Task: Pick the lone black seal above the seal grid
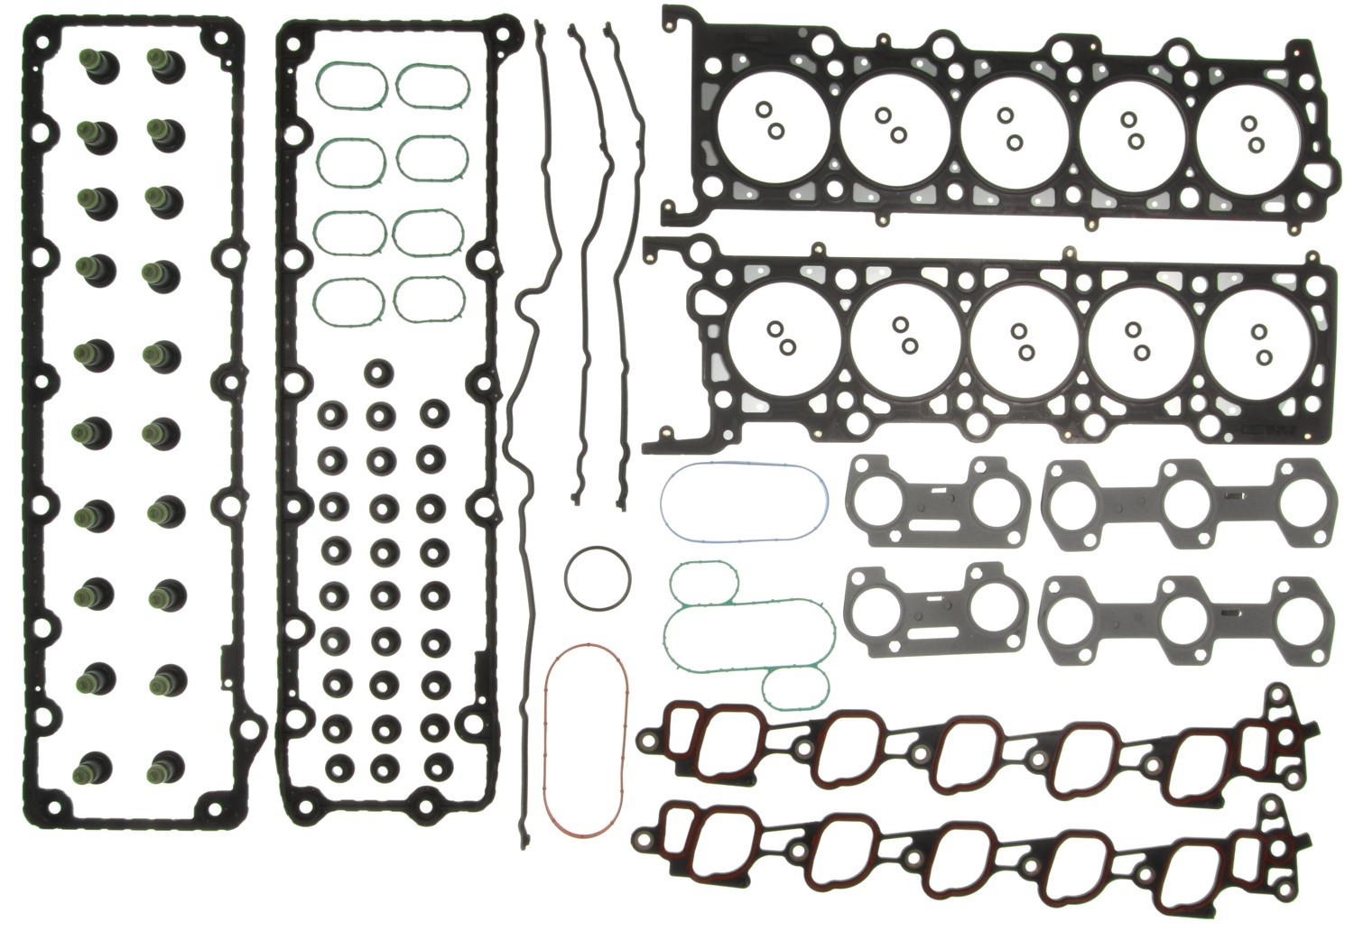point(378,372)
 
